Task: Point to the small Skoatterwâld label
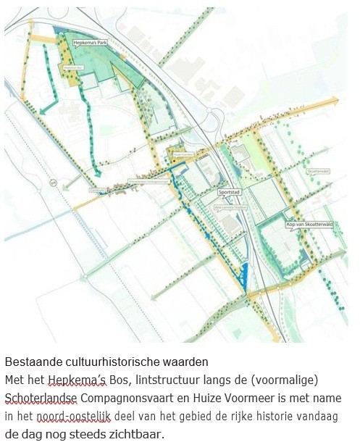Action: (317, 171)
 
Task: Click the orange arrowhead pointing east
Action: (334, 102)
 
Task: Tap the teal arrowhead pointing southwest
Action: (43, 110)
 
